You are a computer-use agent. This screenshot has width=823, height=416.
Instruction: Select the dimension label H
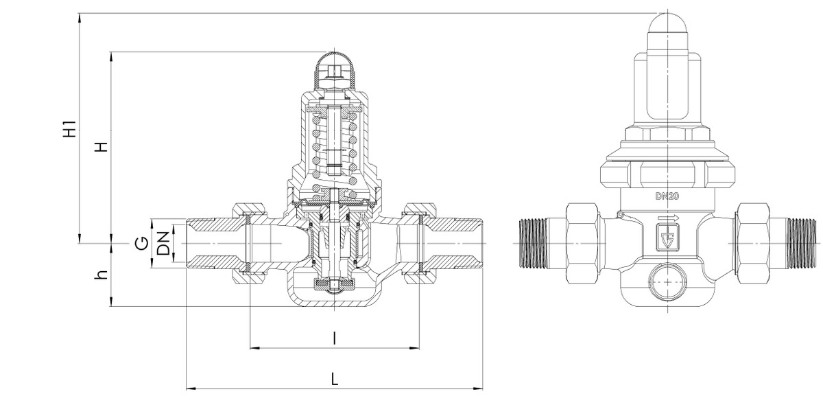coord(101,148)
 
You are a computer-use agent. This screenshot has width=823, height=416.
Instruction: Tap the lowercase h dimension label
coord(102,275)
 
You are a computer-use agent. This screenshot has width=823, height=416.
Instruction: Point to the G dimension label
coord(141,244)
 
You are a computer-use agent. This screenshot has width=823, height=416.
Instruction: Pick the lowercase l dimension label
coord(334,338)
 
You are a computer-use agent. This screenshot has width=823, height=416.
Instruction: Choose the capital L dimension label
coord(334,378)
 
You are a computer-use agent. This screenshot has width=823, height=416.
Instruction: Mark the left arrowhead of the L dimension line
coord(191,389)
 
